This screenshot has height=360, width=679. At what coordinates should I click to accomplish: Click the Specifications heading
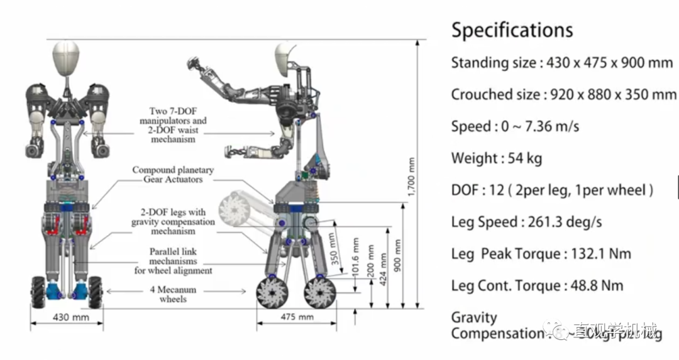coord(512,30)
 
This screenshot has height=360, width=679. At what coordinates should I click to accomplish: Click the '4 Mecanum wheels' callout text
coord(173,295)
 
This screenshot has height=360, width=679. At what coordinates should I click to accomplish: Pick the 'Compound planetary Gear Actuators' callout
coord(173,175)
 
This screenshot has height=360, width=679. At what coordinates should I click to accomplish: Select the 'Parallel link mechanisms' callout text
coord(173,261)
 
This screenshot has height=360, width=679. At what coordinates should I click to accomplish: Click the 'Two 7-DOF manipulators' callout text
coord(173,125)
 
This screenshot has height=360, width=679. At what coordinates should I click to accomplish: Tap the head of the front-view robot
coord(65,57)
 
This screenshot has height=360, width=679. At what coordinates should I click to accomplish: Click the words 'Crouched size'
coord(492,95)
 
